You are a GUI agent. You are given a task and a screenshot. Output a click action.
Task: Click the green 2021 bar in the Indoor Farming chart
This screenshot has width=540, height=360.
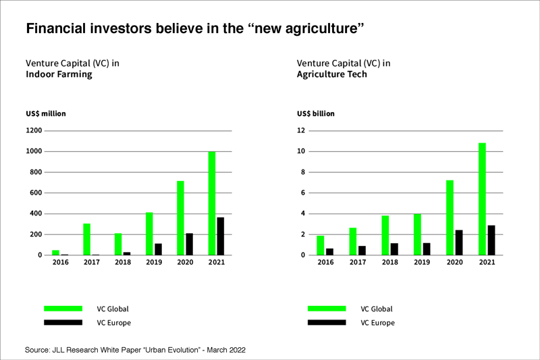[x=212, y=203]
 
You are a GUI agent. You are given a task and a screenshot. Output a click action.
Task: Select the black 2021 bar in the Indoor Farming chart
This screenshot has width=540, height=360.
[x=220, y=236]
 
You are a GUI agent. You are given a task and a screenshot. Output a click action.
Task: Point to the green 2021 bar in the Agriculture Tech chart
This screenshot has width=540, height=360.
[x=482, y=199]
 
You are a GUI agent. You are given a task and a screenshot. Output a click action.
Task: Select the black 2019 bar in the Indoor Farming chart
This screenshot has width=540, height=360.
[x=157, y=249]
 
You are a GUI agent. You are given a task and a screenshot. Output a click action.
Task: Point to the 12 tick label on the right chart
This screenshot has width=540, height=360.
[x=301, y=130]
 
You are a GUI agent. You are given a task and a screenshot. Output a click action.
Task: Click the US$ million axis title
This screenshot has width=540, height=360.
[x=45, y=113]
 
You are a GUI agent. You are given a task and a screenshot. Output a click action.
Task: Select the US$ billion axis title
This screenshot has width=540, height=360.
[x=315, y=113]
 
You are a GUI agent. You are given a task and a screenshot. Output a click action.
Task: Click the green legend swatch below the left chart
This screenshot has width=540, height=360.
[x=63, y=309]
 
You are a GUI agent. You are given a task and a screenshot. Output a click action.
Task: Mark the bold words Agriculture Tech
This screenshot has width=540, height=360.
[x=332, y=74]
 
